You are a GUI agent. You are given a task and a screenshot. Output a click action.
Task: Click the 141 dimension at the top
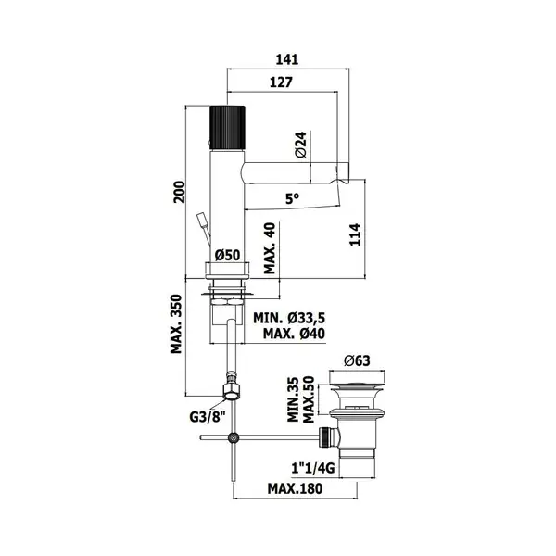point(287,59)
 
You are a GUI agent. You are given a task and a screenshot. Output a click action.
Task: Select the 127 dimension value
point(281,82)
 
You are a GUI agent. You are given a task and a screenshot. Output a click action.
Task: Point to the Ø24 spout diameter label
point(300,145)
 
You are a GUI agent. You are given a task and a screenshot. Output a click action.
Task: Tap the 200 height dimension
point(180,192)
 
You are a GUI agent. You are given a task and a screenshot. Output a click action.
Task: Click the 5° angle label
point(293,199)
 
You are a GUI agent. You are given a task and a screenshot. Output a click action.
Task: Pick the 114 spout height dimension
point(355,234)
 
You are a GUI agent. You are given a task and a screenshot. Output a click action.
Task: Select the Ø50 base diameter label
point(228,255)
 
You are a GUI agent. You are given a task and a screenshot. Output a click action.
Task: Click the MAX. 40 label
point(271,248)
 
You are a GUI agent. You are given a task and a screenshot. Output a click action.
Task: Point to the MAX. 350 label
point(176,324)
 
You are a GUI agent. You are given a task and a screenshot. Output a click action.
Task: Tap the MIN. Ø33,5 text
point(289,318)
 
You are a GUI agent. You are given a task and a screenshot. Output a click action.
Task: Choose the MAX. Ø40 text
point(294,334)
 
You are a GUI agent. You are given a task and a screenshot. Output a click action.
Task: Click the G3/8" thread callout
point(208,417)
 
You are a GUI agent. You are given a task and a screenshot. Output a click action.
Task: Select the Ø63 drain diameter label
point(357,361)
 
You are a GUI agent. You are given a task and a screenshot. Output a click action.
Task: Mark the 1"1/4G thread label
point(313,468)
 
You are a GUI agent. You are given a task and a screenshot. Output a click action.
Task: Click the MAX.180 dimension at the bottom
point(295,488)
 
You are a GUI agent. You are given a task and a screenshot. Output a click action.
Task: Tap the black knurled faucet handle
point(227,127)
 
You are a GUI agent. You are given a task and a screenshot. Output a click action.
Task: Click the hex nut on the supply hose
point(232,391)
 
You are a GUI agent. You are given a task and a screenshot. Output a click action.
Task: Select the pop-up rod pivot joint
point(233,438)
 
